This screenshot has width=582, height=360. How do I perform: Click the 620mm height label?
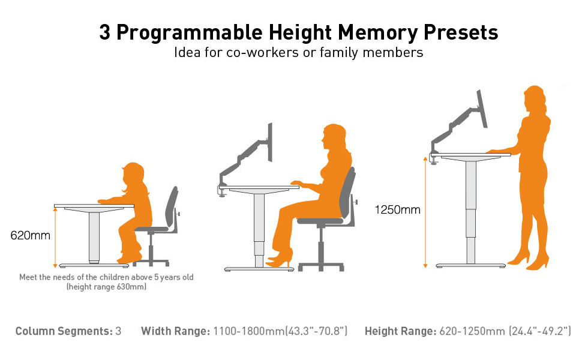coord(31,235)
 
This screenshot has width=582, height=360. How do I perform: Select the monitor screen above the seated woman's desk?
coord(270,142)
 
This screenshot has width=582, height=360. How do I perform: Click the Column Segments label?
coord(64,331)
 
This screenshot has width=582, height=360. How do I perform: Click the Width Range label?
coord(175,331)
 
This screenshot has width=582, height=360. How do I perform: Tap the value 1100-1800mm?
coord(248,331)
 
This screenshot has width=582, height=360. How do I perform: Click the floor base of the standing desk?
coord(472,266)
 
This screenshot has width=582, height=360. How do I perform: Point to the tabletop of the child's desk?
coord(94,206)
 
